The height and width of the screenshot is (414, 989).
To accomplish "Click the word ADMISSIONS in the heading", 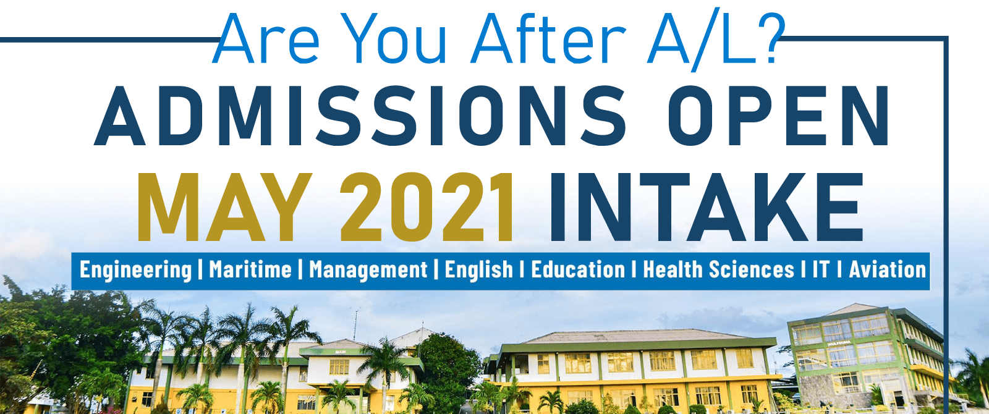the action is (360, 116).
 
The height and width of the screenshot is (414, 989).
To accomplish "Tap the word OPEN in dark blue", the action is (779, 116).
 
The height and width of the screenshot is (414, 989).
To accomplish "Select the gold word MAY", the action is (225, 207).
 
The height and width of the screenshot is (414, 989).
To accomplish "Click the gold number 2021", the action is (427, 207).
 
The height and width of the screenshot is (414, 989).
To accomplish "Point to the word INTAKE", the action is (706, 207).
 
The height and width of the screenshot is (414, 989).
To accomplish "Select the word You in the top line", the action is (393, 39).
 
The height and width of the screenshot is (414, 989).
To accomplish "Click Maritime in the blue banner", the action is (250, 269).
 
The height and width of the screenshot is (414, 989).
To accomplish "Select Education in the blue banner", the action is (578, 269).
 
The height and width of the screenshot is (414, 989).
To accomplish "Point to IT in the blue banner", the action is (821, 269).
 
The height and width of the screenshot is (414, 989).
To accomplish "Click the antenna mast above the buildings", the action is (356, 324).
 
